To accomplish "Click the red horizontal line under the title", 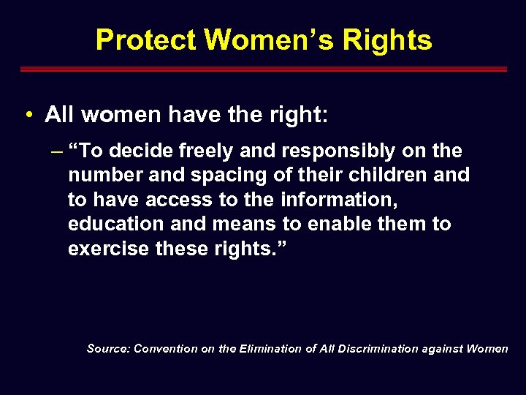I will (263, 69).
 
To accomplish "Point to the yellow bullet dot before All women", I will (26, 116).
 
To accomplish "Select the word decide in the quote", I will (146, 151).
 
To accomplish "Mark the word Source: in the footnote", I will (108, 349).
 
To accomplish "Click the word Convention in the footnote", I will (165, 349).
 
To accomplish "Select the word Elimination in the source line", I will (272, 349).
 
